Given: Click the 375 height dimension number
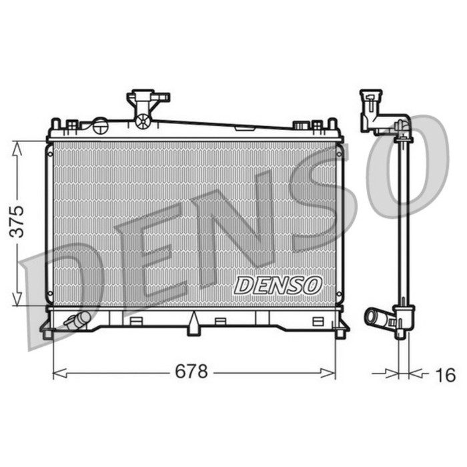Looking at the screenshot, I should pyautogui.click(x=17, y=221).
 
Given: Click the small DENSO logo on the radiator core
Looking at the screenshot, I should pyautogui.click(x=278, y=286).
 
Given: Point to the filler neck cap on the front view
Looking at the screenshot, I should pyautogui.click(x=147, y=98).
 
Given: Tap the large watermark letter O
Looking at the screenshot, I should pyautogui.click(x=404, y=167).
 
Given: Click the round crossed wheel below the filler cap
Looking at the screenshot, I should pyautogui.click(x=143, y=121).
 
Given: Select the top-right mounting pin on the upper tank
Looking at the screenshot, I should pyautogui.click(x=332, y=123).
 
